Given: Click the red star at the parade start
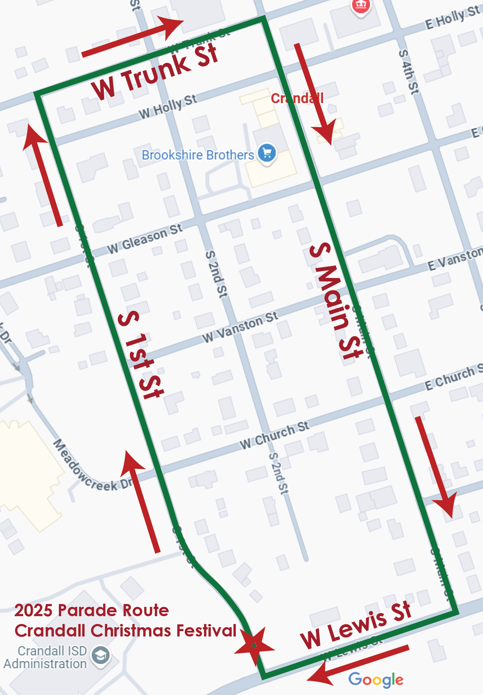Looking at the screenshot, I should click(x=254, y=645).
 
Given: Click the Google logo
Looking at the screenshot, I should click(x=376, y=680).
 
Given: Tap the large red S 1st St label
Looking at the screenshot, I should click(x=141, y=355).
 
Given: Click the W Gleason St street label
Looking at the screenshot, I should click(x=145, y=239).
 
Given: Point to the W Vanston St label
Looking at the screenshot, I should click(x=240, y=327).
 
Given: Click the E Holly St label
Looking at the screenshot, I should click(x=452, y=18).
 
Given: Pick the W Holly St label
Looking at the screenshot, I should click(x=168, y=106).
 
